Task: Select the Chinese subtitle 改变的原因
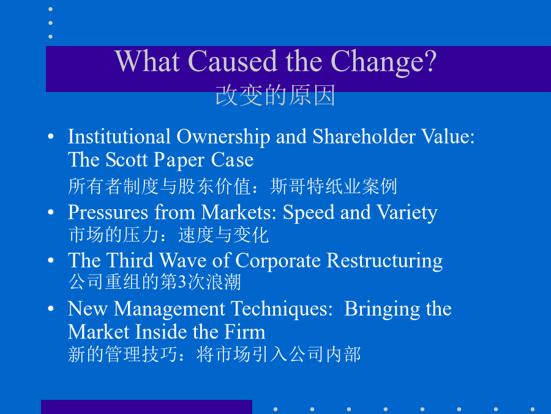(275, 95)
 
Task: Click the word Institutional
(119, 136)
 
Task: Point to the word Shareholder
(364, 136)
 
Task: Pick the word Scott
(126, 160)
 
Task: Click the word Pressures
(108, 212)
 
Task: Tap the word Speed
(309, 213)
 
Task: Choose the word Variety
(407, 213)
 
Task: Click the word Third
(130, 261)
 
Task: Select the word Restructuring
(384, 261)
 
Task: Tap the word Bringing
(382, 310)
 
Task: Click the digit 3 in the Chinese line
(182, 282)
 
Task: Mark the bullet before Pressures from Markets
(51, 212)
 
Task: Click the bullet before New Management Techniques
(51, 309)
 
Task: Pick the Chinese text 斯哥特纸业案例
(334, 186)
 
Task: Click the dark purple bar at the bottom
(146, 407)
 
